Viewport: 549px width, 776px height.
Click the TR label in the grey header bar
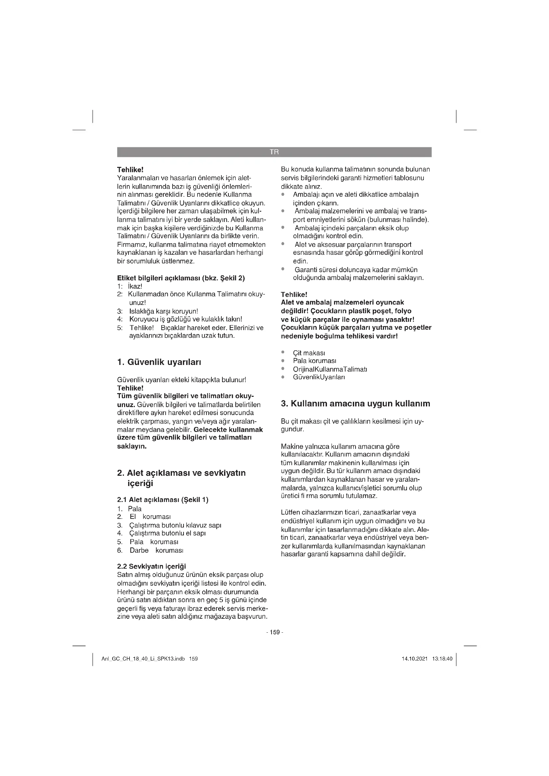[274, 152]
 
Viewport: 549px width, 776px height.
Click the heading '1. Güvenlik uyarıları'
[159, 362]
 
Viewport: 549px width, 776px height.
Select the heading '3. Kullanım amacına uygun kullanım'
[355, 403]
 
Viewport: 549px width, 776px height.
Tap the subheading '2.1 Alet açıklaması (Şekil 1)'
[163, 500]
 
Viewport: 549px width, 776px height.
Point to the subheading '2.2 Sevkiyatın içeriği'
[151, 566]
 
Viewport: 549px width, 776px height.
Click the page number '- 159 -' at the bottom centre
[274, 632]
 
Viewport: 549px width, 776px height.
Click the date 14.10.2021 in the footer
[415, 659]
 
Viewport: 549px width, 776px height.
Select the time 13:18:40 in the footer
[442, 659]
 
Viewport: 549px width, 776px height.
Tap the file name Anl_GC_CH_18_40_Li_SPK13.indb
[143, 659]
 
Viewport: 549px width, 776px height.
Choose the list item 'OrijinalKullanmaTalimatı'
[330, 369]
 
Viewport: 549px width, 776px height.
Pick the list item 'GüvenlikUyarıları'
[319, 377]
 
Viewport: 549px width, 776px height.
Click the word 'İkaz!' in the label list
[135, 286]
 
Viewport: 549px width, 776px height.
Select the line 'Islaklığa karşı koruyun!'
[164, 311]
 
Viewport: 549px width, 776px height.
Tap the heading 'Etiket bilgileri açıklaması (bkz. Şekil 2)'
[181, 278]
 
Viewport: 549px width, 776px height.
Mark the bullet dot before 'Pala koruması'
[283, 361]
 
